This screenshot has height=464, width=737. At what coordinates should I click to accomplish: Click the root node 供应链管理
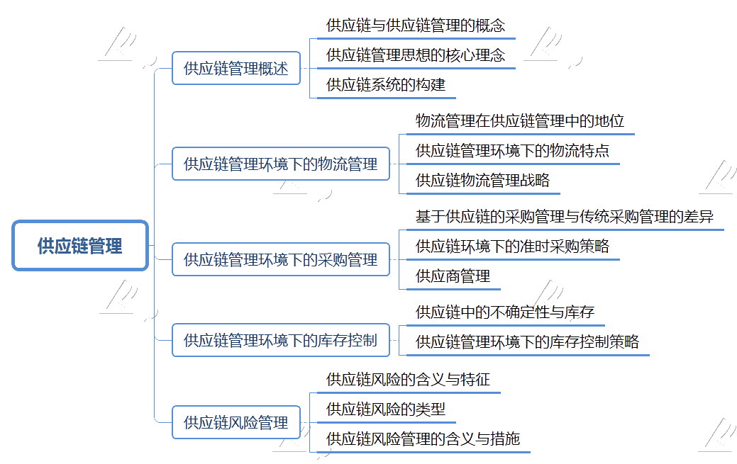[80, 246]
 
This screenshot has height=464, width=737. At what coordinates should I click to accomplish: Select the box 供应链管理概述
[236, 68]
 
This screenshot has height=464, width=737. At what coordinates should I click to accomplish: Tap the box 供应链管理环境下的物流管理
[281, 164]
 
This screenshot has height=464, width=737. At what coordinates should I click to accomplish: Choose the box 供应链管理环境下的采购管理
[281, 259]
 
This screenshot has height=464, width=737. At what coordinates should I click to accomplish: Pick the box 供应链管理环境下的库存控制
[281, 340]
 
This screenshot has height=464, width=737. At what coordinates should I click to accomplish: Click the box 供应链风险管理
[236, 422]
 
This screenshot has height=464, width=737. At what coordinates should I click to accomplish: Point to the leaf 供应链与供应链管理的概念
[416, 26]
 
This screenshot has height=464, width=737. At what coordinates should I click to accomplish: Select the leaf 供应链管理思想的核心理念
[416, 55]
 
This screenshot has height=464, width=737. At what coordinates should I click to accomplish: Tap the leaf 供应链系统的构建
[386, 84]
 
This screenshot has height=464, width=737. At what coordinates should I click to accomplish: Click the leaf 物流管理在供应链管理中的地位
[520, 121]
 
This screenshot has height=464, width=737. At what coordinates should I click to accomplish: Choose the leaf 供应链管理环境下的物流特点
[512, 151]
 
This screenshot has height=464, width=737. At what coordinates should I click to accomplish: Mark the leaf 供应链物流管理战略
[483, 181]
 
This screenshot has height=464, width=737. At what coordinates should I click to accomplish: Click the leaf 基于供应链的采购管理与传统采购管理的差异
[565, 217]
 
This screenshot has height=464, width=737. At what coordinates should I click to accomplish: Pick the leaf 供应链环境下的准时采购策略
[512, 246]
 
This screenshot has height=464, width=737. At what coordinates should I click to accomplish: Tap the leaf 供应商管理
[453, 276]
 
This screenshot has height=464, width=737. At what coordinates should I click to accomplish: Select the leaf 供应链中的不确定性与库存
[505, 312]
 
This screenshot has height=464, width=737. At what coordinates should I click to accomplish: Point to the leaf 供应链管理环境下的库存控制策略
[527, 342]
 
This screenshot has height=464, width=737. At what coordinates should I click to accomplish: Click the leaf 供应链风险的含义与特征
[408, 380]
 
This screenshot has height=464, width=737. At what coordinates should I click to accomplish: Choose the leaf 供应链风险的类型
[386, 409]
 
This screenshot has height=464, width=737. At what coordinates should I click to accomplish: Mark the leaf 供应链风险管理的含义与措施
[423, 438]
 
